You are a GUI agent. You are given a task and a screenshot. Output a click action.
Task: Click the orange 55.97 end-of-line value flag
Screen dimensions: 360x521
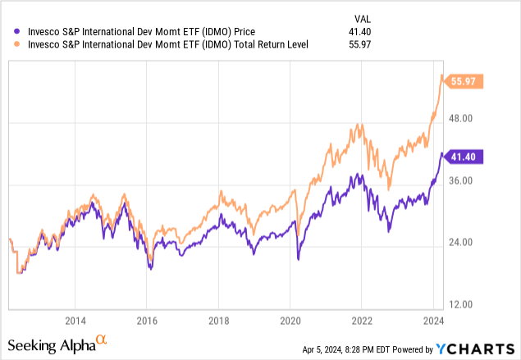click(465, 81)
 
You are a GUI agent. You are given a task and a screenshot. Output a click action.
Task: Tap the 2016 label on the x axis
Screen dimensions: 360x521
click(147, 321)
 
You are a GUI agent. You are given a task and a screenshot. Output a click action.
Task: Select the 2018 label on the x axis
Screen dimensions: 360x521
click(218, 321)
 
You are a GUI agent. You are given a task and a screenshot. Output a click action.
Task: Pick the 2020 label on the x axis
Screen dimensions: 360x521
click(290, 321)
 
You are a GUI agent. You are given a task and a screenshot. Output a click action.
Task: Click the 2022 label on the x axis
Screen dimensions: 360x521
click(362, 321)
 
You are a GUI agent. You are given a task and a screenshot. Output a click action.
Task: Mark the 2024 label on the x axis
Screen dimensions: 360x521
click(433, 321)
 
